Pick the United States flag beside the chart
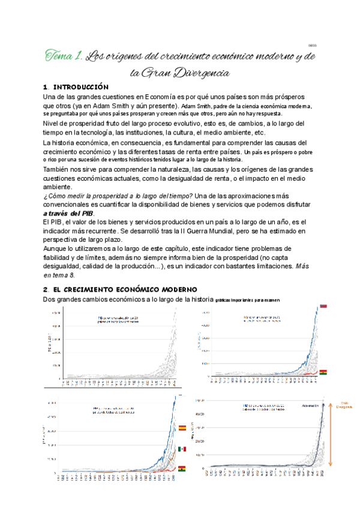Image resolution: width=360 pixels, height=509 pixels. click(x=323, y=306)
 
